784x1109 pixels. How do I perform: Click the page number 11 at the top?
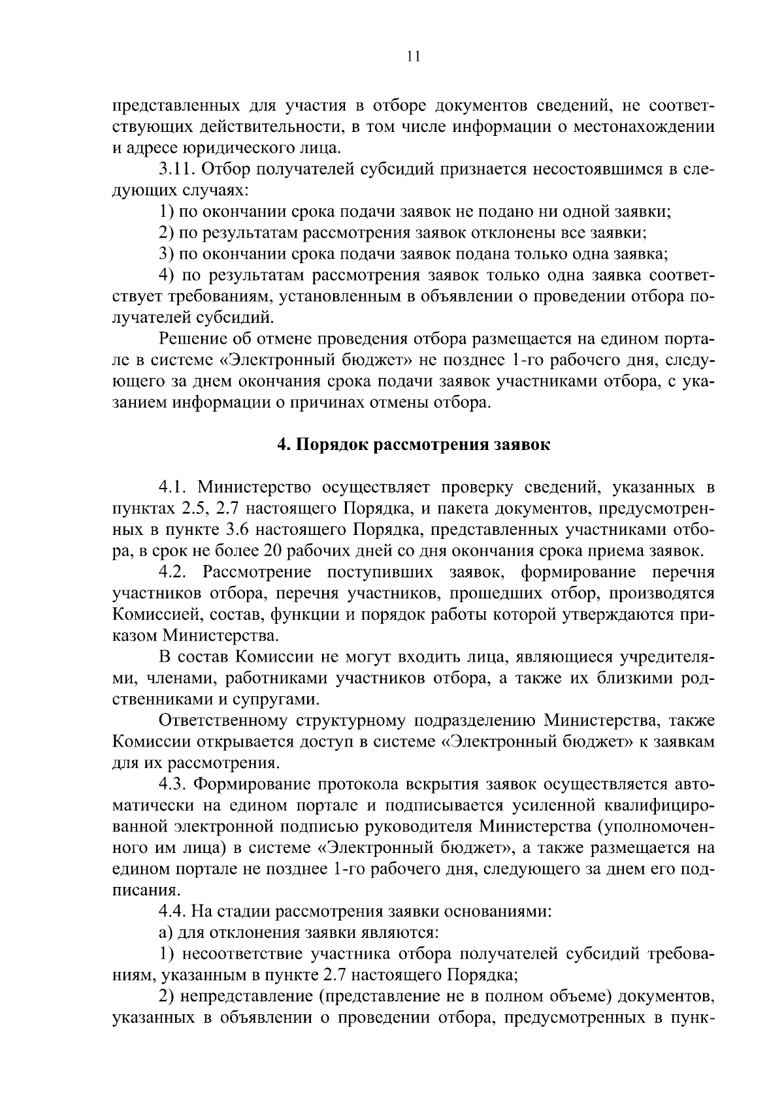412,57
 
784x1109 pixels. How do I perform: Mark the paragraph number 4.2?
174,572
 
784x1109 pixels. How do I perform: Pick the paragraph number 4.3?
173,784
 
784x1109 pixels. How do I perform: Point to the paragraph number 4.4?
173,911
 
